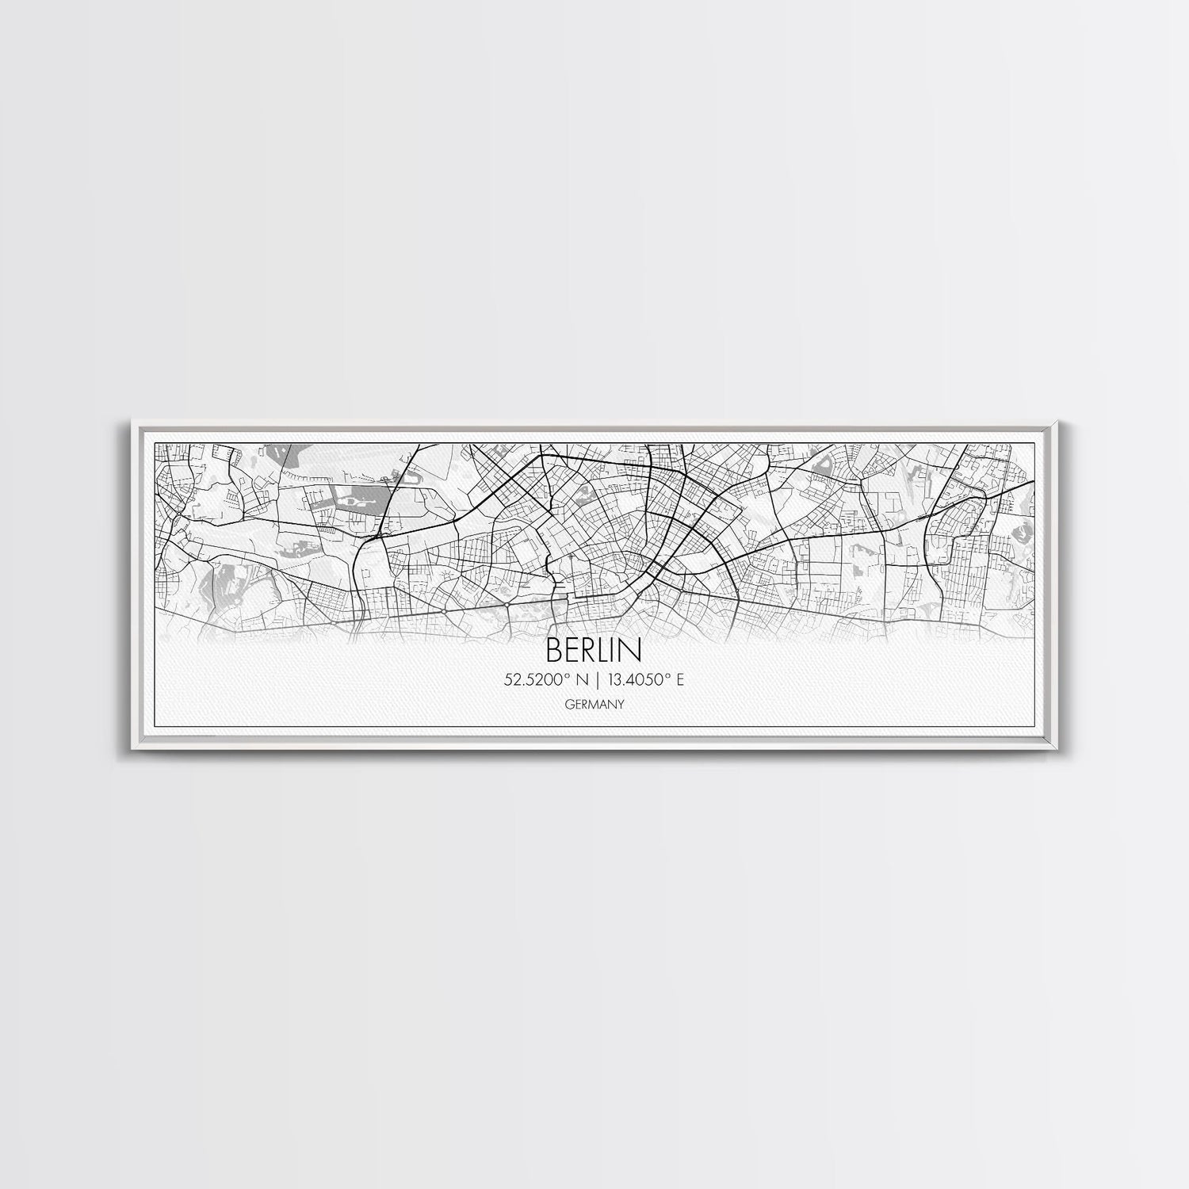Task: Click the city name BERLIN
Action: pyautogui.click(x=594, y=650)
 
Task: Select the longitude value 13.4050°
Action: pyautogui.click(x=637, y=679)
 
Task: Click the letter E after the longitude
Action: pyautogui.click(x=680, y=679)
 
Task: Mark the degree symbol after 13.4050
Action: pyautogui.click(x=668, y=675)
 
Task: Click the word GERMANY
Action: pyautogui.click(x=594, y=703)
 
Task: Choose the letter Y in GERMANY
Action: pyautogui.click(x=618, y=703)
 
